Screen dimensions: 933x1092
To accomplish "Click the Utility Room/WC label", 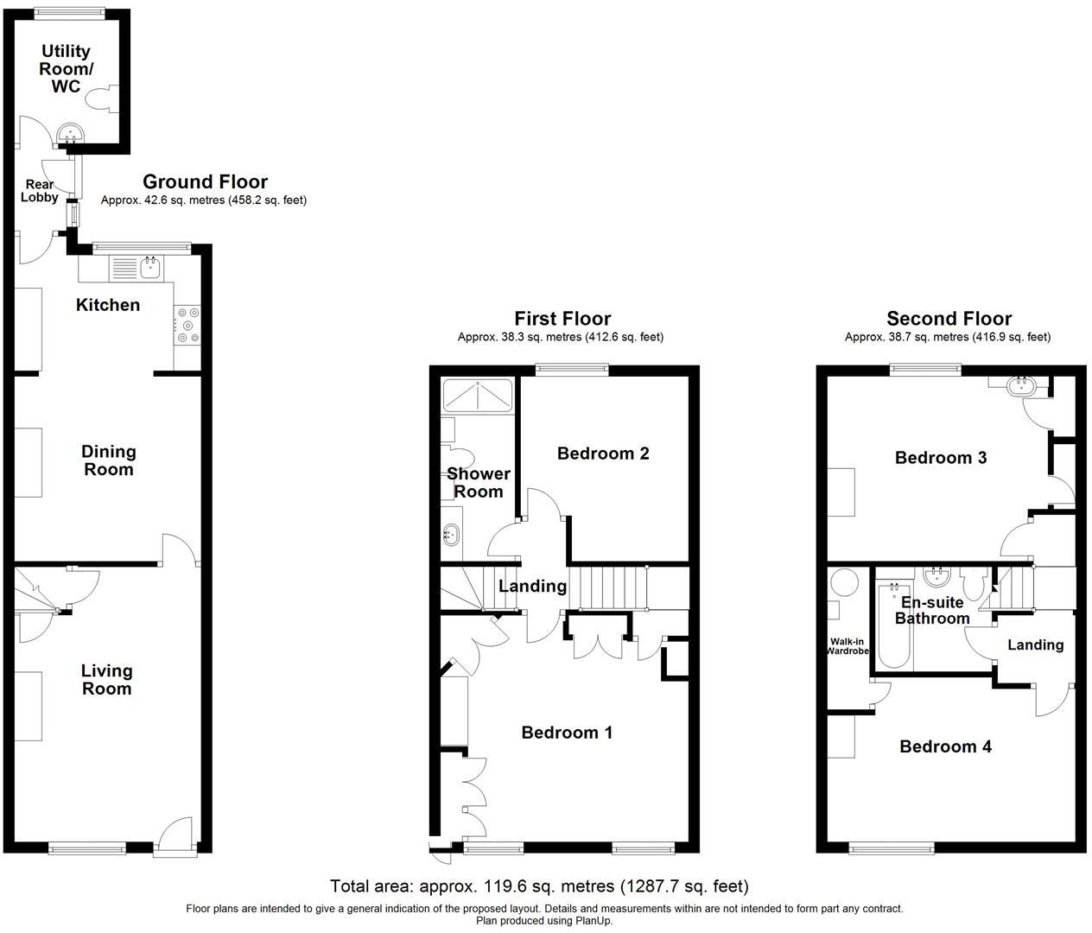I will pyautogui.click(x=67, y=69).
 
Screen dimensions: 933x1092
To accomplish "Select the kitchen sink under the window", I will pyautogui.click(x=149, y=268).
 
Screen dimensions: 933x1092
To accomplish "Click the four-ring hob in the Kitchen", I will pyautogui.click(x=187, y=325).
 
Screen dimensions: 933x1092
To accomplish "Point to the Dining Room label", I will pyautogui.click(x=108, y=460).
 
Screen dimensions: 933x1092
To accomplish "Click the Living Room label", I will pyautogui.click(x=106, y=680).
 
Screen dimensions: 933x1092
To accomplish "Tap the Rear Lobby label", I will pyautogui.click(x=40, y=191).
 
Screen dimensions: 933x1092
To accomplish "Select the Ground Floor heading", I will pyautogui.click(x=205, y=181).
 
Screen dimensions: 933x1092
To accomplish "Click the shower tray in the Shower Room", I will pyautogui.click(x=477, y=395).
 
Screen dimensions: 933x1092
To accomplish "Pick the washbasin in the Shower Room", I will pyautogui.click(x=451, y=534).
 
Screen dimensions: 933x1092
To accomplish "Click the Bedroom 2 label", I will pyautogui.click(x=603, y=454).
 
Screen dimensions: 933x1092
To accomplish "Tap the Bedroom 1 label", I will pyautogui.click(x=567, y=733).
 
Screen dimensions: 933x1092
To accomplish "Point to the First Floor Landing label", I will pyautogui.click(x=532, y=586).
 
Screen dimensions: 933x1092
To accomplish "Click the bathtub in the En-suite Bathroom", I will pyautogui.click(x=893, y=626).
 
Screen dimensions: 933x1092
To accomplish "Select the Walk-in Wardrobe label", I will pyautogui.click(x=848, y=645).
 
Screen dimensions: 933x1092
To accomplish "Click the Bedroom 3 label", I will pyautogui.click(x=941, y=458).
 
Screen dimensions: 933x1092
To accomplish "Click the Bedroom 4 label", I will pyautogui.click(x=945, y=746).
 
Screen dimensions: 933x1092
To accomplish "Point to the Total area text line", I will pyautogui.click(x=539, y=886).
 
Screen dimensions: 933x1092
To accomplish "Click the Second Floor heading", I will pyautogui.click(x=949, y=319).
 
